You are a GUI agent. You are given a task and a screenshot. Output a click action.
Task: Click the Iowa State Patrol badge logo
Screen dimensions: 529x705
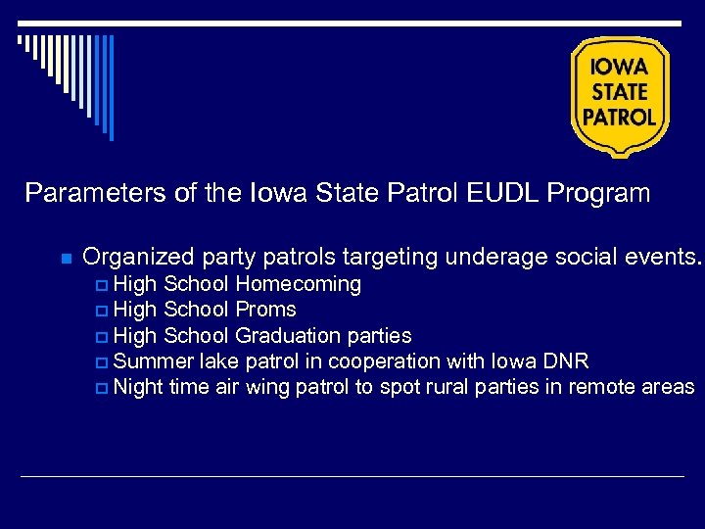[x=620, y=95]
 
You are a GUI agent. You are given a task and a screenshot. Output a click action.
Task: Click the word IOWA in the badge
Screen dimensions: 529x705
[x=620, y=68]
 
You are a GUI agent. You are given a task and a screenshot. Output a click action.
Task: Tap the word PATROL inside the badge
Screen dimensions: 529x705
[x=620, y=117]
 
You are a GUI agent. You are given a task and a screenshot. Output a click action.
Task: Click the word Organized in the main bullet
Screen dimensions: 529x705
[x=139, y=258]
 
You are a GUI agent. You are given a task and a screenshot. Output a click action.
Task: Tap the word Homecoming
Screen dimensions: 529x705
[x=299, y=285]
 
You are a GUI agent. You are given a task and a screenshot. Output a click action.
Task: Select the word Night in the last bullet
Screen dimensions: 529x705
[x=138, y=387]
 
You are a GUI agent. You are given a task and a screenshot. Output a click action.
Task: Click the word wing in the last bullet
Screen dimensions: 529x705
[x=264, y=387]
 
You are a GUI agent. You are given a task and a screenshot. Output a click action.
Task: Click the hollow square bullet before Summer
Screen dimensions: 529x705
[x=104, y=362]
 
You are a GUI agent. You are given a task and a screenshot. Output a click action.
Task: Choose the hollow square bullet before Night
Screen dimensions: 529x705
[x=104, y=388]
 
